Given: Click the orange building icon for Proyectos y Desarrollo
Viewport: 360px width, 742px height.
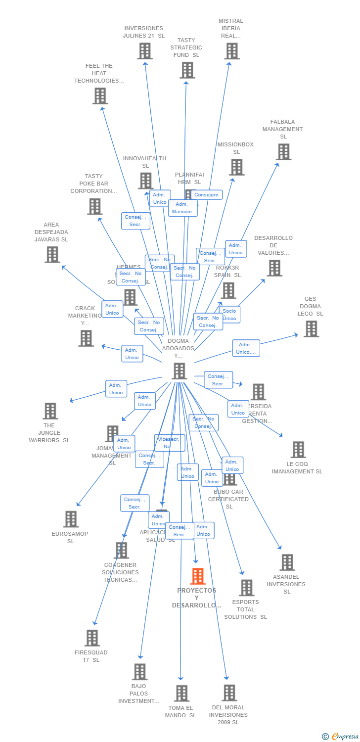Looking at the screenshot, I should (x=198, y=576).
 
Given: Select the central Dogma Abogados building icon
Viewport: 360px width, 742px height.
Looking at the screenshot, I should (x=179, y=371).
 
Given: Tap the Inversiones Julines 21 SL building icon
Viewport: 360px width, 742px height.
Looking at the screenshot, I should (x=144, y=51).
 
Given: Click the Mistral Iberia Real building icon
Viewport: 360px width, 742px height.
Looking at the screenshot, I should (x=231, y=51).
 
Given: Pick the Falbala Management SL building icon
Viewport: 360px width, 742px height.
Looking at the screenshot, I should (x=283, y=152).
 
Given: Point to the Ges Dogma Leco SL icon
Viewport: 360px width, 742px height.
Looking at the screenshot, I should (x=311, y=329).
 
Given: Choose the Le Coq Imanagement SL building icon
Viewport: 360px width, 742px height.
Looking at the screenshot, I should (x=298, y=450).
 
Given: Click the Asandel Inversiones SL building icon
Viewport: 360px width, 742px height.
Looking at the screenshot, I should (x=287, y=562).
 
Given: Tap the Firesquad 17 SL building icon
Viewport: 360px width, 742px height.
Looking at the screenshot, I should (x=92, y=638).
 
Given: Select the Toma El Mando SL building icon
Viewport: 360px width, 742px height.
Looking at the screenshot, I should (x=181, y=694).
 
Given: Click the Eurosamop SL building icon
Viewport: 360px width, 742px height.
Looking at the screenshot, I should (x=71, y=519).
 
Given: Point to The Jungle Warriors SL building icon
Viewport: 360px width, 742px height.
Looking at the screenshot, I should (x=50, y=411).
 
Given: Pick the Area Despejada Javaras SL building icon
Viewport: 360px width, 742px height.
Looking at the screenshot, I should (x=52, y=254).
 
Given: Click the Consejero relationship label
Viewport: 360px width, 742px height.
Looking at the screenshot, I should (x=206, y=195).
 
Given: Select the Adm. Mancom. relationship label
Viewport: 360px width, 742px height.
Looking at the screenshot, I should (x=182, y=208).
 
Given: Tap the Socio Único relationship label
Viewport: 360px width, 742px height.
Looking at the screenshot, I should (x=229, y=315).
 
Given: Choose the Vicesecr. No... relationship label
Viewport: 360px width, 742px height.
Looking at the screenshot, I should (x=170, y=443).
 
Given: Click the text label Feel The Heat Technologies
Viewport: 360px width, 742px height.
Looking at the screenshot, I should (x=99, y=73).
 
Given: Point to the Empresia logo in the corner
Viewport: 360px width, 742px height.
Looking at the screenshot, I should (x=341, y=737).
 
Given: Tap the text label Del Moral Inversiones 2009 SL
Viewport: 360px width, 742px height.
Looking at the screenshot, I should (x=228, y=715).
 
